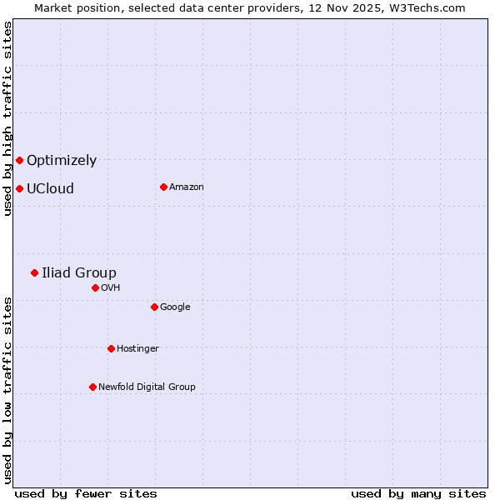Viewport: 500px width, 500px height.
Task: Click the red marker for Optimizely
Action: [x=19, y=160]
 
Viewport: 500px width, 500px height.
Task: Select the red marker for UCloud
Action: [x=19, y=188]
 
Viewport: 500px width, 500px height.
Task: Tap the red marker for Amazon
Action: [x=163, y=187]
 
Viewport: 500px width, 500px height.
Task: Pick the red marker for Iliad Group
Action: [x=34, y=272]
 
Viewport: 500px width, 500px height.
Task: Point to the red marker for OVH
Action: [x=95, y=287]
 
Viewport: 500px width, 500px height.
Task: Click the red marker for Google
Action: [x=154, y=307]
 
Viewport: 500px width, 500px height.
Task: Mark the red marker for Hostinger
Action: [x=111, y=348]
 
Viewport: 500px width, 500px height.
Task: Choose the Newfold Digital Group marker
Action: [x=92, y=387]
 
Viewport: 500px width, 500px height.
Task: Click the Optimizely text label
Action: [x=62, y=161]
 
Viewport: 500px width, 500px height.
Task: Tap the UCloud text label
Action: [x=50, y=189]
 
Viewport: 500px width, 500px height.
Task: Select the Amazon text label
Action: [x=187, y=187]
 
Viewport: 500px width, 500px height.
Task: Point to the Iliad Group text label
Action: [x=79, y=273]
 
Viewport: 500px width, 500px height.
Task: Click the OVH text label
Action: [x=111, y=288]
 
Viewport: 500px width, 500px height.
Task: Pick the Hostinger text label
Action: [x=137, y=349]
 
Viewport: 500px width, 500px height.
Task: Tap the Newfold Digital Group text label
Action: [x=147, y=387]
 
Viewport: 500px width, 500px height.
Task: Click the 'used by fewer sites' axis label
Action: [x=86, y=493]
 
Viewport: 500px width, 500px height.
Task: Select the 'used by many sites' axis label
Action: [x=418, y=493]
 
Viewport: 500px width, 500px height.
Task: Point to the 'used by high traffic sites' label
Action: [x=7, y=118]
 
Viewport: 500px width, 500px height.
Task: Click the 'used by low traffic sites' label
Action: [x=7, y=390]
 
